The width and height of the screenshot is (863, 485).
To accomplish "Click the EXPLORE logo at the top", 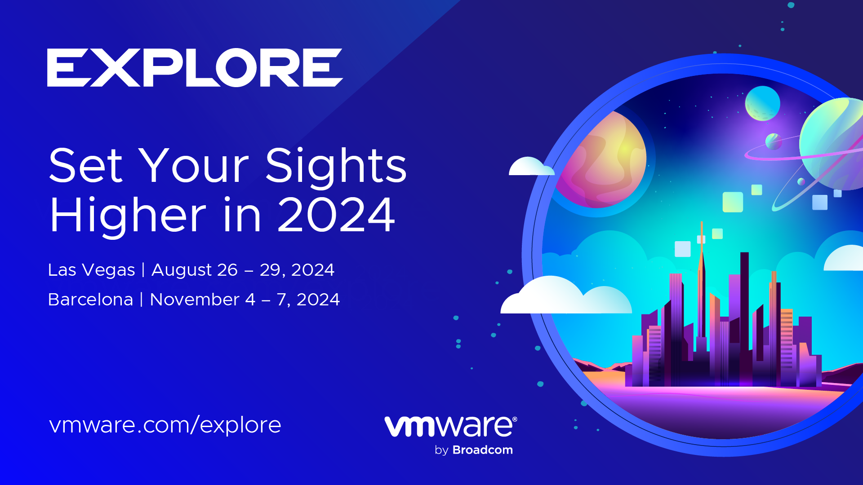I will coord(194,67).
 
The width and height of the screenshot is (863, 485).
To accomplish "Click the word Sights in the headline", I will coord(336,166).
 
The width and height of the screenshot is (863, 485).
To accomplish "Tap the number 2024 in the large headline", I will coord(336,216).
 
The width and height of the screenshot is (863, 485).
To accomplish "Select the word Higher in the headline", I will coord(128,216).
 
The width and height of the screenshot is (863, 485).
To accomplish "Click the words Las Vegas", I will coord(91,270).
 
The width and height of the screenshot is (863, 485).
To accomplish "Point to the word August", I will coord(182,270).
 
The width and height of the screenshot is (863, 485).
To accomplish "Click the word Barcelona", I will coord(90,300).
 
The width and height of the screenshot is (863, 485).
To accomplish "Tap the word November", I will coord(194,300).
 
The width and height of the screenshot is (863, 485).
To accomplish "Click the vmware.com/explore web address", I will coord(165,425).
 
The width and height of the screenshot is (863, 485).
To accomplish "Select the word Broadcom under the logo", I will coord(482,450).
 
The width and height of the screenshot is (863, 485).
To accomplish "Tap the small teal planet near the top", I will coord(762,103).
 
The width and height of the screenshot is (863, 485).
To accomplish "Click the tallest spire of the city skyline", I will coord(701,269).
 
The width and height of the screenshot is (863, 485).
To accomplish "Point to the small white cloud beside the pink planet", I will coord(530,167).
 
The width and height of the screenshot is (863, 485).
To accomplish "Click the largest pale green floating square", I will coord(732,202).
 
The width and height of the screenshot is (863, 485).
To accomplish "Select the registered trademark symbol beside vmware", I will coord(515,419).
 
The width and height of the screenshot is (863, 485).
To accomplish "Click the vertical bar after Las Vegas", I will coord(143,270).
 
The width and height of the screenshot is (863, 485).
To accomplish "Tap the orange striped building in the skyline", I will coord(786,337).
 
